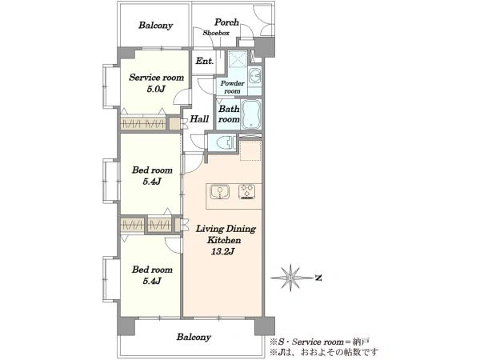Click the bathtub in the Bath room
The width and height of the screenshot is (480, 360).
click(250, 114)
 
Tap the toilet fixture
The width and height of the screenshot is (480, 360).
click(225, 142)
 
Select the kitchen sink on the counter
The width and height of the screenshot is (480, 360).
click(219, 192)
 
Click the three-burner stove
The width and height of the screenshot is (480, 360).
click(246, 192)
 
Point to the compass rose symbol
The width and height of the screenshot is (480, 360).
click(290, 278)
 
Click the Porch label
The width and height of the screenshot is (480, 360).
click(226, 22)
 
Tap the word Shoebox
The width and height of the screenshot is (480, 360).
click(216, 33)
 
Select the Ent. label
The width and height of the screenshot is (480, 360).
click(205, 62)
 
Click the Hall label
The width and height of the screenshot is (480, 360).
click(199, 118)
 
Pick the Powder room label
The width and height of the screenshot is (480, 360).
click(233, 87)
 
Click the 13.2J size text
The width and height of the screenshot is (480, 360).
click(222, 252)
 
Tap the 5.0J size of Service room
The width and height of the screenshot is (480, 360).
click(156, 89)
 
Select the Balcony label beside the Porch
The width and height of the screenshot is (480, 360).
click(155, 25)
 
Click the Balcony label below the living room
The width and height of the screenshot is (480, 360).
click(194, 337)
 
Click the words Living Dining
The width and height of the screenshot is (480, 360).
click(226, 229)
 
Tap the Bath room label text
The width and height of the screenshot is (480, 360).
click(229, 114)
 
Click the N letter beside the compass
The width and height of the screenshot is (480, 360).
click(318, 278)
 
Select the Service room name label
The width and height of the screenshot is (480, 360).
click(157, 77)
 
